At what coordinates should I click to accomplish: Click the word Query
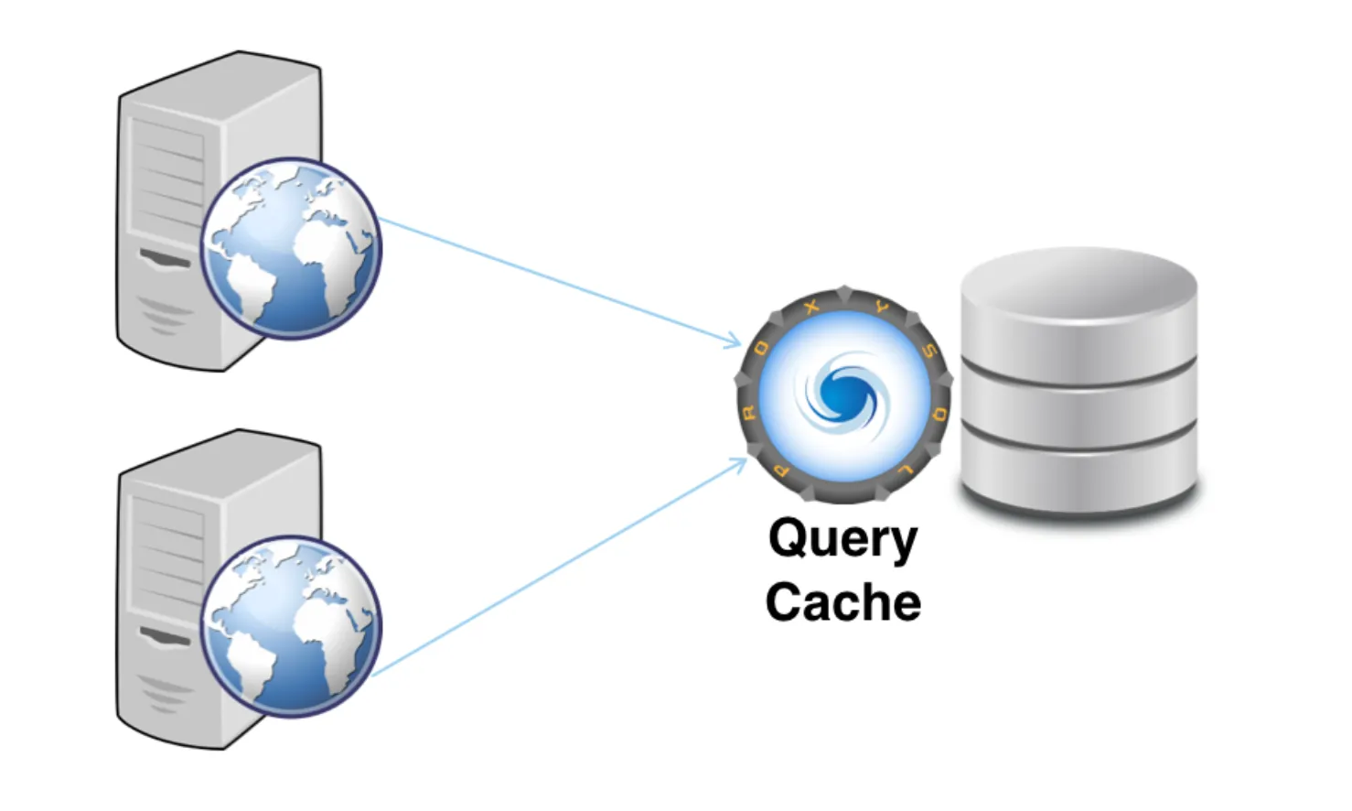842,538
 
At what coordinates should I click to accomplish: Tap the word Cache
842,602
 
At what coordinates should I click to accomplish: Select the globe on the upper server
291,248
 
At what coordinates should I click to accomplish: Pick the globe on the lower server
291,626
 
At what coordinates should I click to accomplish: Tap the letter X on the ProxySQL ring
810,308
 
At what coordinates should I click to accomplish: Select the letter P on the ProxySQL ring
780,471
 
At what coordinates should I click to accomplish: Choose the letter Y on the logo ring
882,308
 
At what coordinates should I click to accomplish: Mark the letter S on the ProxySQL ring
929,351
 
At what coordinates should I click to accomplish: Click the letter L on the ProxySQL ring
906,470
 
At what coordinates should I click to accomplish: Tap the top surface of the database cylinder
1078,284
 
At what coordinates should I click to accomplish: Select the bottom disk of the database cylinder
1078,476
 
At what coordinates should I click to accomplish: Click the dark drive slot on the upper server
165,259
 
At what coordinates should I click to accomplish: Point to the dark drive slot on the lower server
165,635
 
